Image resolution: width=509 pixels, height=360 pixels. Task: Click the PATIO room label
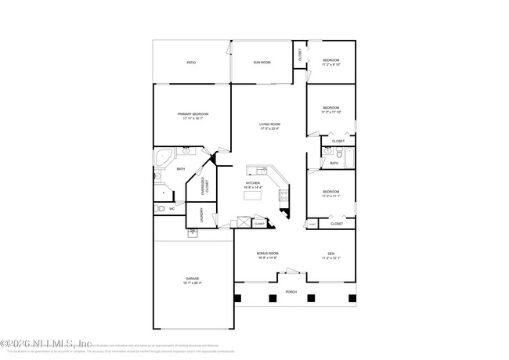coord(190,62)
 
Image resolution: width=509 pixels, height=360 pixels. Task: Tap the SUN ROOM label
coord(262,62)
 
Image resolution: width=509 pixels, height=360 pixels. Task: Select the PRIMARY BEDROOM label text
coord(191,114)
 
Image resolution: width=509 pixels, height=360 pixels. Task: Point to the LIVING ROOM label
coord(270,124)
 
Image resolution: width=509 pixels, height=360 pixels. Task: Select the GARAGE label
coord(191,280)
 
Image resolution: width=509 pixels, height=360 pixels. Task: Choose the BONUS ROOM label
coord(267,254)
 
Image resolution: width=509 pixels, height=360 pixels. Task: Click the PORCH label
coord(290,290)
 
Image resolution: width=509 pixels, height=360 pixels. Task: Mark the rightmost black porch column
coord(345,297)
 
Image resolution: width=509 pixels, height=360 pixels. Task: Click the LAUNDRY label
coord(200,214)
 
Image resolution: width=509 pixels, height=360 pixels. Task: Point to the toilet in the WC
coord(162,209)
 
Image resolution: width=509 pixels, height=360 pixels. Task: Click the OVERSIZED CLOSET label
coord(204,185)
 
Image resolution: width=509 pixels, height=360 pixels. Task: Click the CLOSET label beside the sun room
coord(299,54)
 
